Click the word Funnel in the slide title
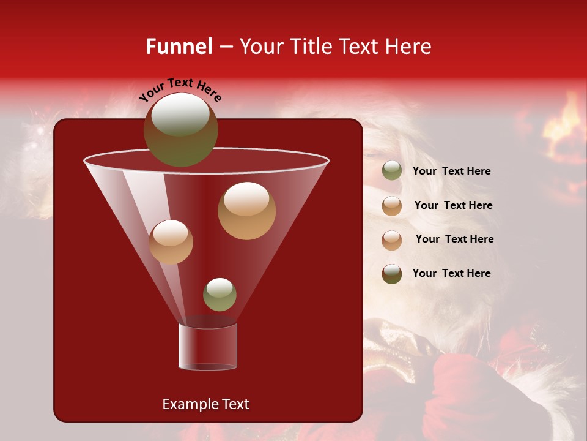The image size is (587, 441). click(179, 47)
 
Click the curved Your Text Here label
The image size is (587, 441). click(180, 89)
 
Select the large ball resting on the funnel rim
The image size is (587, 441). click(180, 130)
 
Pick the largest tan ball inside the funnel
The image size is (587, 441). click(246, 211)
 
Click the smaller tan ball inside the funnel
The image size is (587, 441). click(171, 242)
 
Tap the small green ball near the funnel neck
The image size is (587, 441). click(220, 294)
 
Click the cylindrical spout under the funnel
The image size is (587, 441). click(208, 347)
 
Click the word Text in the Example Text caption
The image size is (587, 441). click(234, 404)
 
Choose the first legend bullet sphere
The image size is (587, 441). click(392, 171)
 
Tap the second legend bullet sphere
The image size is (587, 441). click(392, 205)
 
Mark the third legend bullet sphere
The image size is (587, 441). click(392, 239)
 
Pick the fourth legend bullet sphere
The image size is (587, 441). click(392, 274)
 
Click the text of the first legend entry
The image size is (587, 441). click(451, 171)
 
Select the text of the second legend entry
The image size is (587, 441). click(453, 205)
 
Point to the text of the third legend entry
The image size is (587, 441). click(454, 239)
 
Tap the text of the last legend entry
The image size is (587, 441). click(451, 273)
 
